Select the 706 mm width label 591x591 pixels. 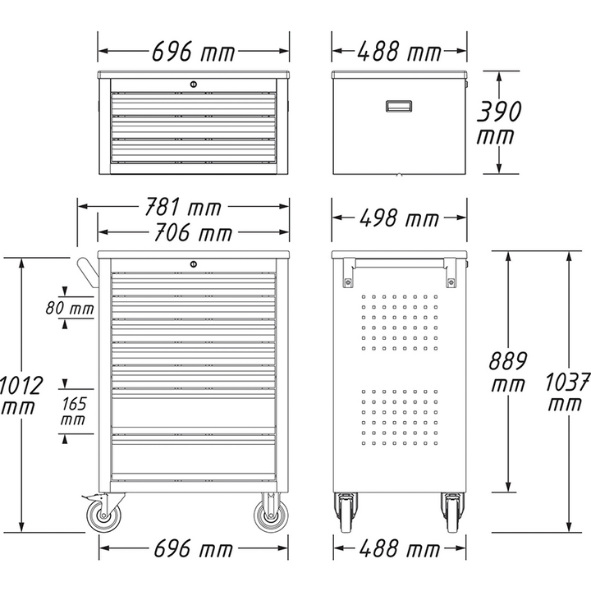pos(194,234)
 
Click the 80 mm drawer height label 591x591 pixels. pos(70,309)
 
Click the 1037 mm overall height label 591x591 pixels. pos(568,392)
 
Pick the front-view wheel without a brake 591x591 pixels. pos(270,515)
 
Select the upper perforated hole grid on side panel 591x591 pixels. pos(399,320)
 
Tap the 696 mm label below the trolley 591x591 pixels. pos(194,547)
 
